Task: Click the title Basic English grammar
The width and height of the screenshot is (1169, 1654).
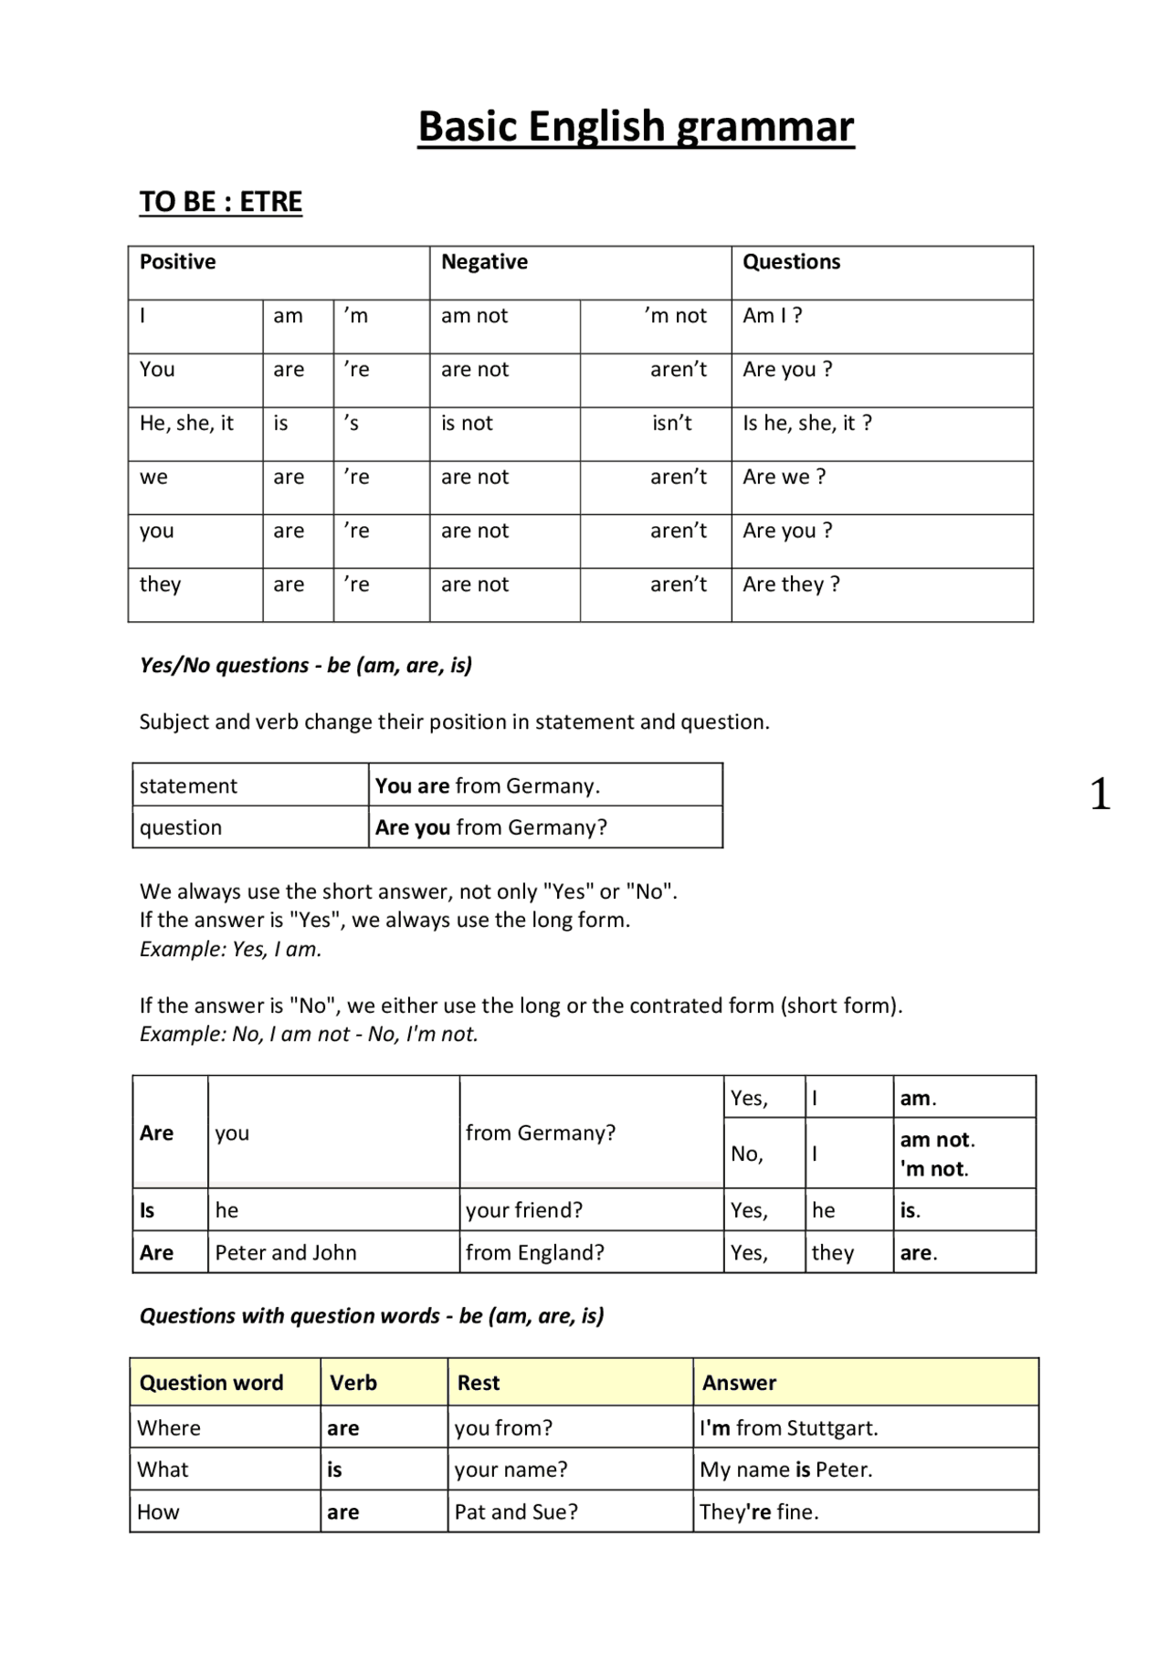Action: pyautogui.click(x=636, y=127)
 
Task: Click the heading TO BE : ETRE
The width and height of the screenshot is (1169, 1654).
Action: pyautogui.click(x=220, y=202)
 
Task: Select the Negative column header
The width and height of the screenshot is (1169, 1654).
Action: pyautogui.click(x=484, y=262)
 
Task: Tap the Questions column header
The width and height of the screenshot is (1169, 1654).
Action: pyautogui.click(x=791, y=262)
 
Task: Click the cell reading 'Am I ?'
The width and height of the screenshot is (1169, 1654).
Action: pyautogui.click(x=772, y=316)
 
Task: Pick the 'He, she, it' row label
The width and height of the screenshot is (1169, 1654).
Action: pyautogui.click(x=186, y=424)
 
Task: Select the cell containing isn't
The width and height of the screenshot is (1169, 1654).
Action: pyautogui.click(x=671, y=424)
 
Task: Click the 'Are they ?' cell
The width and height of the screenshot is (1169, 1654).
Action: pyautogui.click(x=791, y=585)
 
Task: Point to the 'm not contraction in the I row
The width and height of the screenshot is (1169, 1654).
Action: pyautogui.click(x=675, y=316)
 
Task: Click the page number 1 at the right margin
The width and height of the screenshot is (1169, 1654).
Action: pyautogui.click(x=1100, y=795)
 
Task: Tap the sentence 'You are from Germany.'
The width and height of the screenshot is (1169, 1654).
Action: pyautogui.click(x=487, y=786)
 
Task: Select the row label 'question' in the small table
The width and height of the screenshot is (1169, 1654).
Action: pyautogui.click(x=181, y=827)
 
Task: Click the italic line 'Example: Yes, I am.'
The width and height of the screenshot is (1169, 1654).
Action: pyautogui.click(x=230, y=950)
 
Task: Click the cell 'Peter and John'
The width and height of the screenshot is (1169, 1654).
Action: pyautogui.click(x=286, y=1253)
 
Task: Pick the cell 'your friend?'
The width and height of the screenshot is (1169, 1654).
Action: pyautogui.click(x=523, y=1211)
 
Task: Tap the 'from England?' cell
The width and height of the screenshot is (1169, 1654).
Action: pyautogui.click(x=534, y=1253)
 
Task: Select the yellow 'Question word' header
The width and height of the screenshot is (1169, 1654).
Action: pyautogui.click(x=211, y=1383)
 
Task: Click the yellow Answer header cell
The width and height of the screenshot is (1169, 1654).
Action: pyautogui.click(x=739, y=1383)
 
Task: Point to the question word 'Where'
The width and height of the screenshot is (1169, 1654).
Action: pyautogui.click(x=169, y=1428)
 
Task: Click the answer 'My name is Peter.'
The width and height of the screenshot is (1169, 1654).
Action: pyautogui.click(x=785, y=1470)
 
